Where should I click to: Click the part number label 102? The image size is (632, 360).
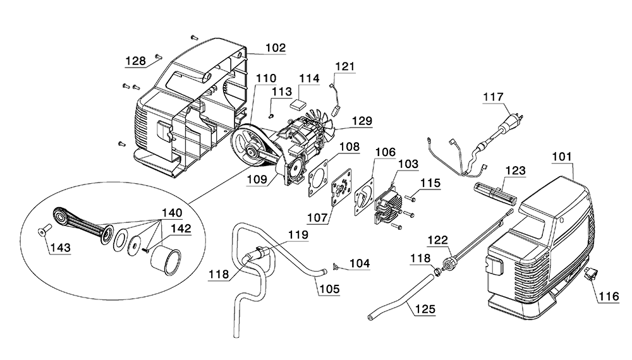[x=276, y=47]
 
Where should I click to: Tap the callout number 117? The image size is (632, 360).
[x=494, y=97]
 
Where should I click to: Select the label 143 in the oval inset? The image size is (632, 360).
[x=61, y=248]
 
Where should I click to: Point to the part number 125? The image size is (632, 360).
[x=425, y=309]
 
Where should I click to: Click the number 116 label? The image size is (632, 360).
[x=609, y=297]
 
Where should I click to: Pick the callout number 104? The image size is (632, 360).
[x=360, y=263]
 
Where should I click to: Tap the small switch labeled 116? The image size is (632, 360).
[x=591, y=274]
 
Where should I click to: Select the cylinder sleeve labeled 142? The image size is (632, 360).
[x=166, y=261]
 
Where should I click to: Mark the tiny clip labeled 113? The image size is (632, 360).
[x=272, y=116]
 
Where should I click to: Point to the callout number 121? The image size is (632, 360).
[x=344, y=66]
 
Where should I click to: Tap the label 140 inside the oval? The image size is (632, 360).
[x=172, y=213]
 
